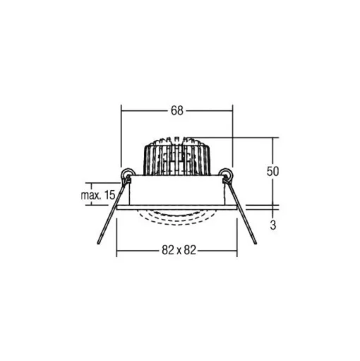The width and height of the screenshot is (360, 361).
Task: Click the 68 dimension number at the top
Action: pyautogui.click(x=177, y=111)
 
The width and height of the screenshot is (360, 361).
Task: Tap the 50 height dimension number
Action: pyautogui.click(x=272, y=171)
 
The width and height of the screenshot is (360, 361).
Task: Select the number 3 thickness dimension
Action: pyautogui.click(x=273, y=225)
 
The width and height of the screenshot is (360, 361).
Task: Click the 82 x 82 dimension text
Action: pyautogui.click(x=179, y=250)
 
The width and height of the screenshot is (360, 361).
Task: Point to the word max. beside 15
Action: pyautogui.click(x=90, y=196)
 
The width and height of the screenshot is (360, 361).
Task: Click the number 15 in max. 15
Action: pyautogui.click(x=109, y=195)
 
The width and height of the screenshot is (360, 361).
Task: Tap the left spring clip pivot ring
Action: pyautogui.click(x=126, y=174)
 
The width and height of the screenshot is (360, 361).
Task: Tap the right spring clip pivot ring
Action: pyautogui.click(x=226, y=174)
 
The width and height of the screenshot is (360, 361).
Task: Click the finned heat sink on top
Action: pyautogui.click(x=177, y=156)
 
